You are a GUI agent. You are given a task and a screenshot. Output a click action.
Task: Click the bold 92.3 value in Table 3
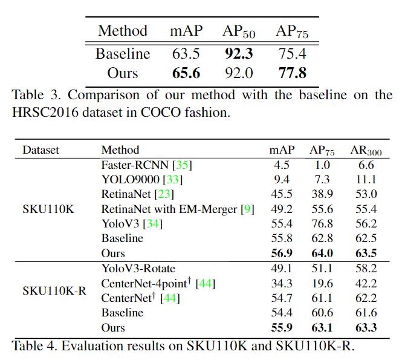tap(239, 54)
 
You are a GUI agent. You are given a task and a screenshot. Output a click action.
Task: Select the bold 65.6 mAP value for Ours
tap(186, 74)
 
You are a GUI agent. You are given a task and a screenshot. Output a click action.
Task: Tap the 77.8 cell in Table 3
tap(292, 74)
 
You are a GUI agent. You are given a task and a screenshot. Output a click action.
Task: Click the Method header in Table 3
tap(123, 31)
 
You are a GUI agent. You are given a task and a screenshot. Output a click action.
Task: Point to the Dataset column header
tap(41, 150)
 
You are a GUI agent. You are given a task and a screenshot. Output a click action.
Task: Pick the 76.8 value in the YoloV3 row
tap(322, 224)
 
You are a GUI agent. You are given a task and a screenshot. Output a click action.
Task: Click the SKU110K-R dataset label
tap(54, 290)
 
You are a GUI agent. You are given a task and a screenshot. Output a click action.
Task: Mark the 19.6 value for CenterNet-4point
tap(322, 283)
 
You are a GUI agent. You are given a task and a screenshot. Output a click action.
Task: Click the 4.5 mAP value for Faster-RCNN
tap(282, 165)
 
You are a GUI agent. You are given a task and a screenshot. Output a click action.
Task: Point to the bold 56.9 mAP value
tap(282, 254)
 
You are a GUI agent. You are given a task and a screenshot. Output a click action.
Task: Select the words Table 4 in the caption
tap(31, 345)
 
